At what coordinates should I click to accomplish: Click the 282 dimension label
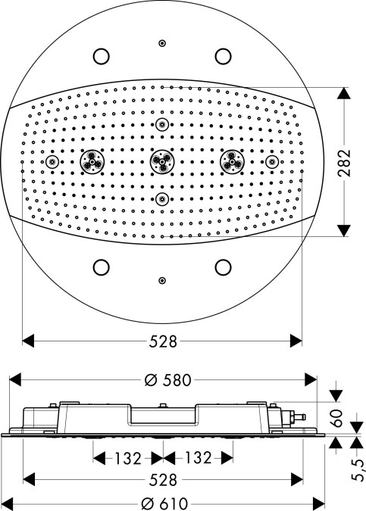pos(344,163)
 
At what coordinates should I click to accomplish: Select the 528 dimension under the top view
pos(163,341)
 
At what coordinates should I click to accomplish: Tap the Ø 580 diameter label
pos(167,380)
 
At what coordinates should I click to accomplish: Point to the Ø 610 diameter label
pos(164,504)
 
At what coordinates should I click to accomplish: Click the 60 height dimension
pos(336,418)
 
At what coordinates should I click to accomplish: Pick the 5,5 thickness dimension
pos(358,470)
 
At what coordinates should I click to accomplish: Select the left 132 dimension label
pos(127,458)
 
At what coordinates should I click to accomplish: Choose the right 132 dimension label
pos(198,457)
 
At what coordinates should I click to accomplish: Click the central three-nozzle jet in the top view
pos(162,162)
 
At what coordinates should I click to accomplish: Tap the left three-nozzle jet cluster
pos(92,162)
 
